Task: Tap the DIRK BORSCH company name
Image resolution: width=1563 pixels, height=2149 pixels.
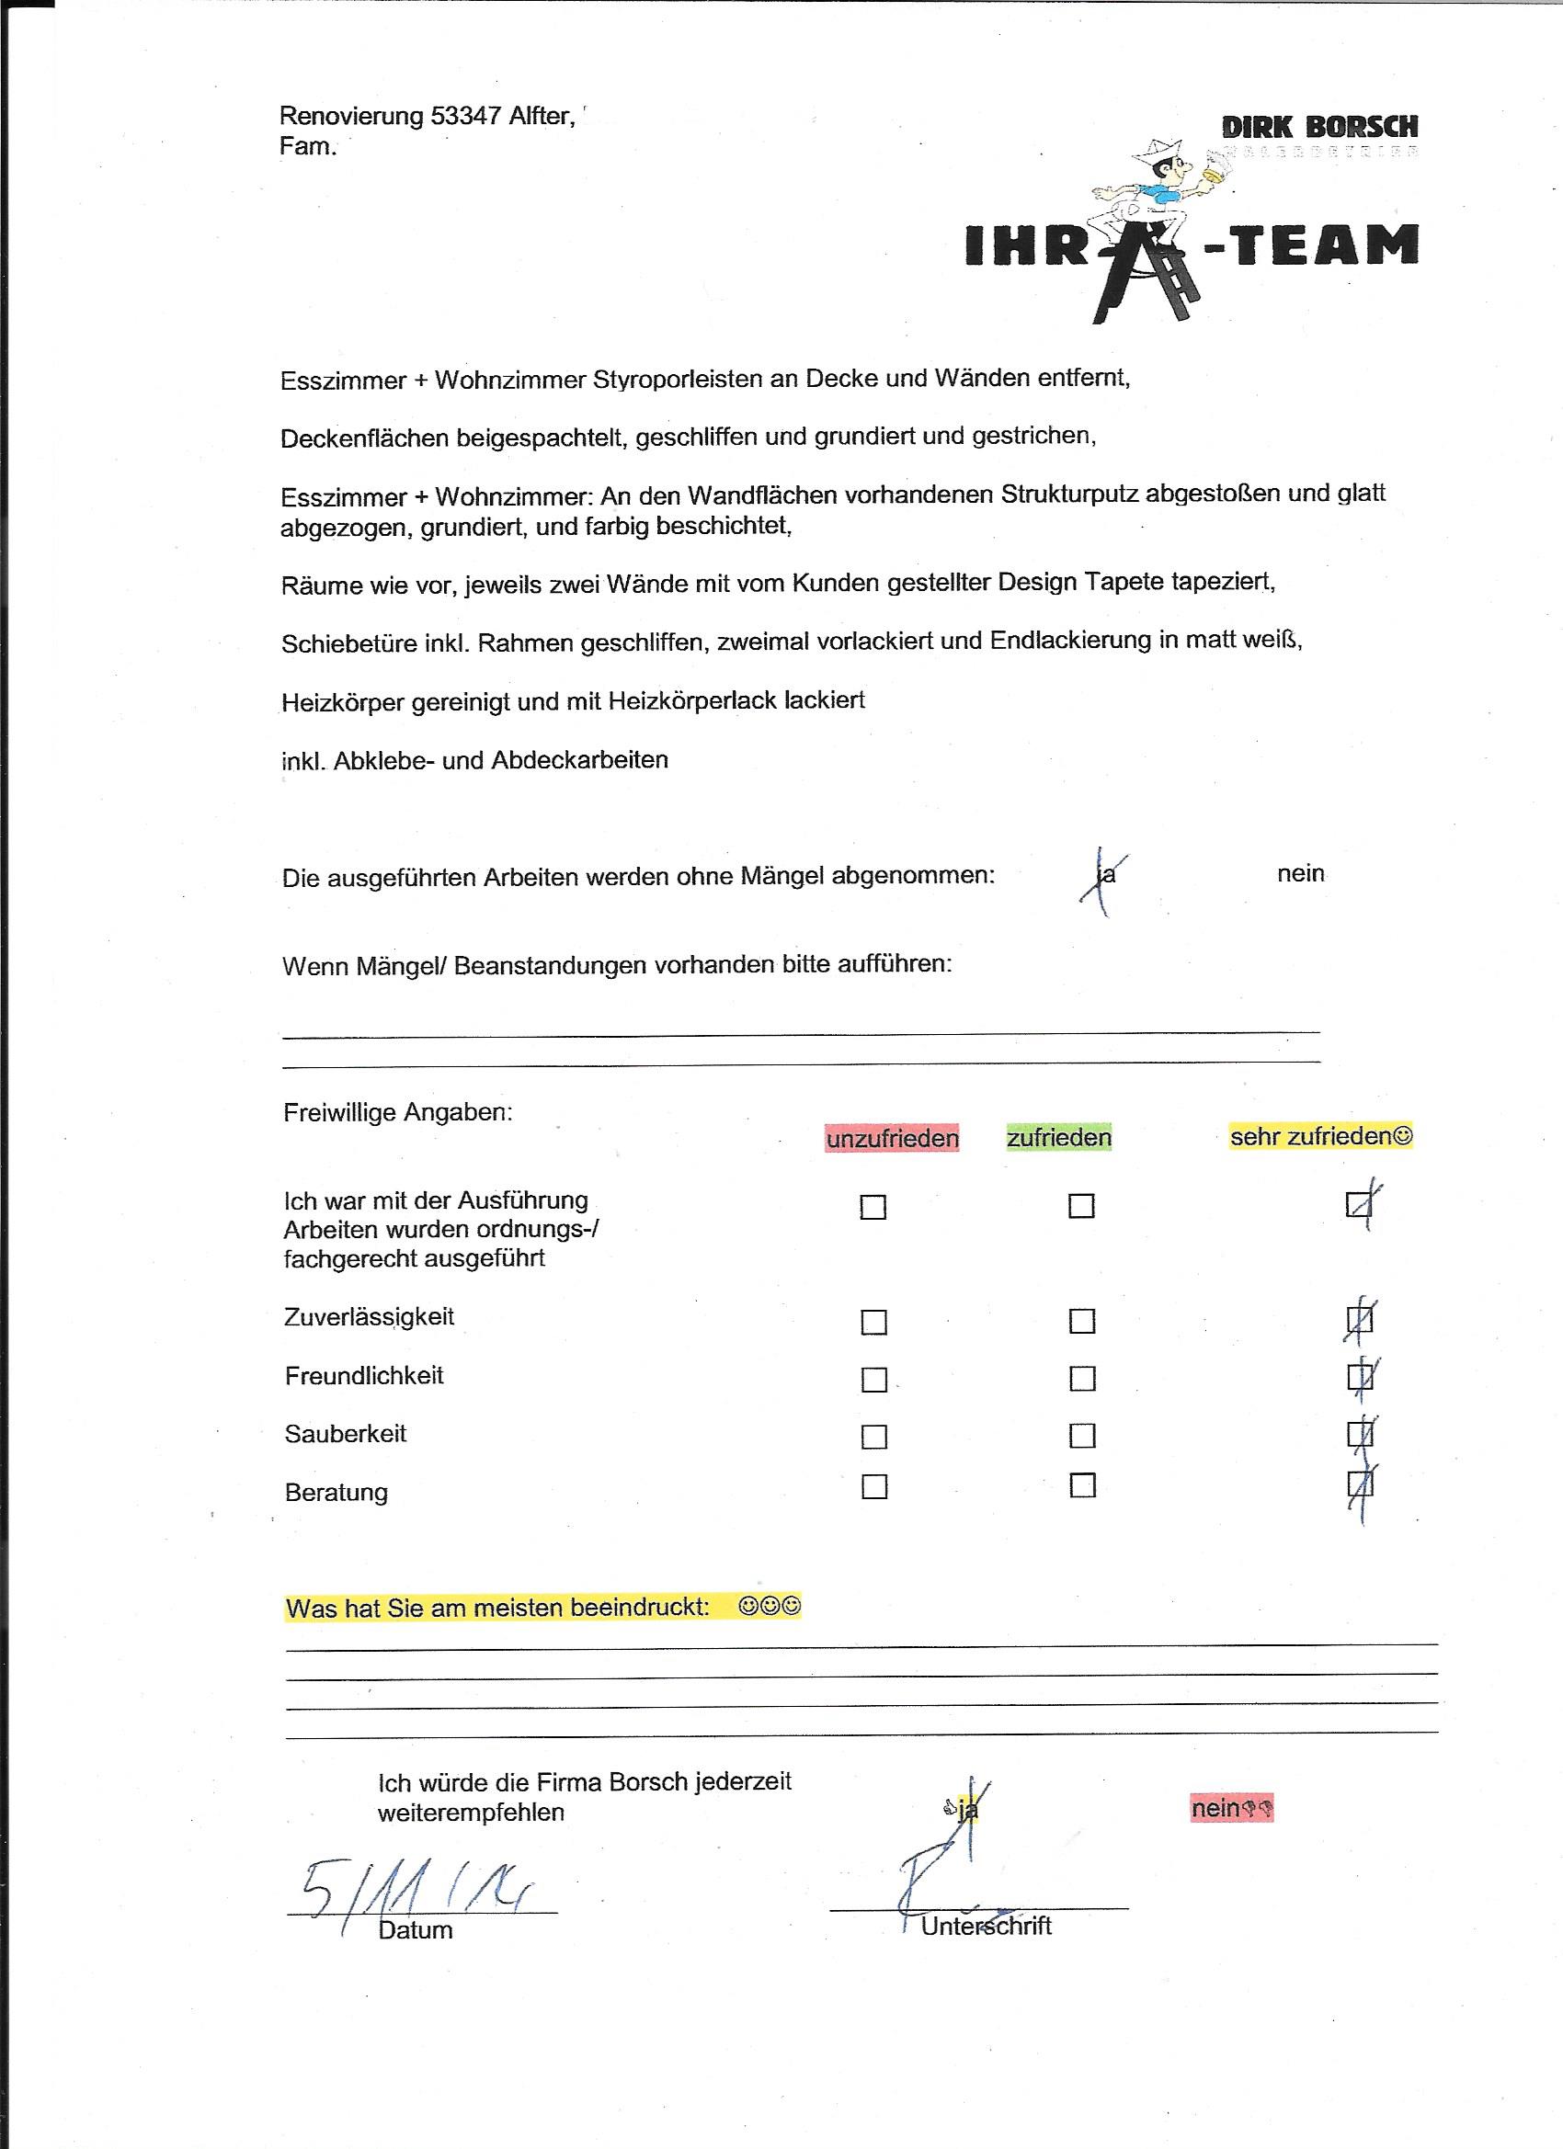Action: click(1319, 127)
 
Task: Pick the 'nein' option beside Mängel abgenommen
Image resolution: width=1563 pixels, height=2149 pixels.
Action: click(1300, 873)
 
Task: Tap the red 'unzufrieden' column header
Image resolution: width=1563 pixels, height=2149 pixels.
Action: click(892, 1138)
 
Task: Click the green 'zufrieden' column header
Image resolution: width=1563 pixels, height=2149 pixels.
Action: click(1059, 1137)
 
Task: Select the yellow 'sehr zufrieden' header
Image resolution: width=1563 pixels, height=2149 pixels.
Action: click(1320, 1135)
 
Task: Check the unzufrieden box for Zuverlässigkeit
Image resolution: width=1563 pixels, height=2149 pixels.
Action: click(873, 1322)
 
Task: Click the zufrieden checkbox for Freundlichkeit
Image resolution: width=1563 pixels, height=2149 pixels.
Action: click(1081, 1379)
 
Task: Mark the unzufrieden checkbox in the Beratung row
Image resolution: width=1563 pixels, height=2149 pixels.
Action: click(874, 1486)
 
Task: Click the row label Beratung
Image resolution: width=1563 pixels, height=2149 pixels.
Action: click(337, 1493)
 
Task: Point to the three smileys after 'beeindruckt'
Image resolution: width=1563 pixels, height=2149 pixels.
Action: click(770, 1606)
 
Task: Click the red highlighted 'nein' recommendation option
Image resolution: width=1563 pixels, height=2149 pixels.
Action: click(1231, 1809)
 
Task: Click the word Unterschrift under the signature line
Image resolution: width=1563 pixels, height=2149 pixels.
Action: click(986, 1927)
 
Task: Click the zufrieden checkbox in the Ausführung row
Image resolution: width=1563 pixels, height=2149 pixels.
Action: click(1080, 1206)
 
